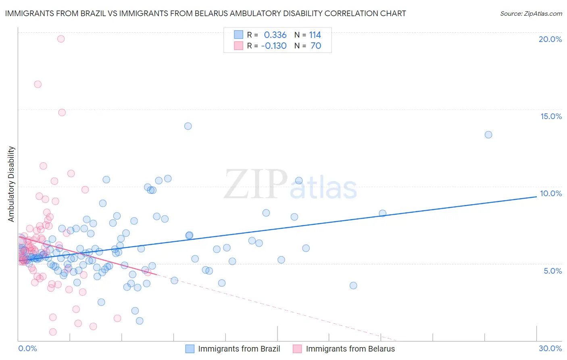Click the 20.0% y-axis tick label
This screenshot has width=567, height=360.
click(x=550, y=39)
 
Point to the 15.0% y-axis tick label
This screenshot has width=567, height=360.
click(x=551, y=116)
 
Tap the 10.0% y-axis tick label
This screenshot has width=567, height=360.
click(x=551, y=193)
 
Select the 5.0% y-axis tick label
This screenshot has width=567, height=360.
click(x=552, y=271)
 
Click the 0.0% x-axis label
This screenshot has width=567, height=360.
click(x=27, y=348)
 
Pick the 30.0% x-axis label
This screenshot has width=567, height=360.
click(x=550, y=348)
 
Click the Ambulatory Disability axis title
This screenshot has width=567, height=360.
click(x=11, y=184)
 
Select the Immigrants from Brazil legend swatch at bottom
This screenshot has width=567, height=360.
click(x=190, y=349)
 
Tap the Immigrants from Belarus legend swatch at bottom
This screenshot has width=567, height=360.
click(x=297, y=349)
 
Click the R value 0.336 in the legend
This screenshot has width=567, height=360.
click(x=275, y=35)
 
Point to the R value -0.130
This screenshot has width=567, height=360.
click(x=274, y=46)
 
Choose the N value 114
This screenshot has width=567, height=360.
click(x=315, y=35)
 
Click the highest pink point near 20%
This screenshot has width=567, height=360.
click(x=61, y=39)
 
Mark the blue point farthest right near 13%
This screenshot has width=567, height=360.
click(x=488, y=135)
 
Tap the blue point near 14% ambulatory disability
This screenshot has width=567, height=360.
click(x=188, y=126)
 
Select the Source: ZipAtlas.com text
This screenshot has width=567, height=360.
click(x=531, y=14)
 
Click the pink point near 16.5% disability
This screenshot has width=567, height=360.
click(x=38, y=84)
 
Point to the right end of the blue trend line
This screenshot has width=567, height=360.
click(x=536, y=197)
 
